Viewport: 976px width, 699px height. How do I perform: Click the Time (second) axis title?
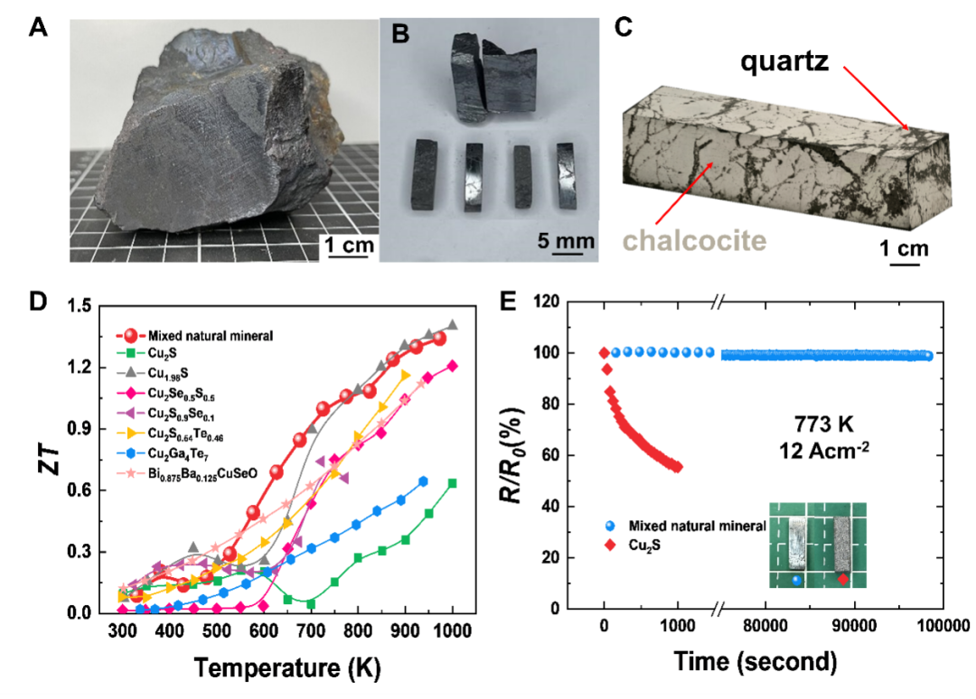coord(755,664)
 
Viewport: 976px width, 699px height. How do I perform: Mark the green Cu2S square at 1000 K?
coord(452,483)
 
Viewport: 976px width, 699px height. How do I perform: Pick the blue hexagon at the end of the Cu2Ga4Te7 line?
coord(423,481)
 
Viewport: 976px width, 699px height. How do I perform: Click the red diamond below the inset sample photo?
coord(842,579)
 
